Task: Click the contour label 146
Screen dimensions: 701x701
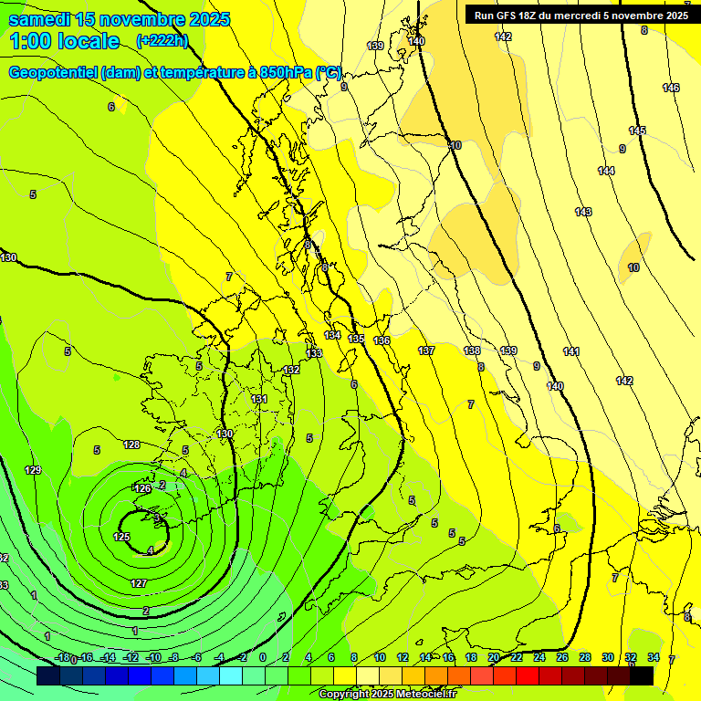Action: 671,88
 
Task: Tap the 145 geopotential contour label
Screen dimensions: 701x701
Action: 637,131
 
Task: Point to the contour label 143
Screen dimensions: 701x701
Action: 583,212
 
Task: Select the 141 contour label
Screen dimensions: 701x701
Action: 571,351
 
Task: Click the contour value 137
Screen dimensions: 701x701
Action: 426,350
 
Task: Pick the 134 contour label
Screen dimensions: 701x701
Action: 333,336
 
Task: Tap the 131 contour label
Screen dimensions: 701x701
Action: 260,399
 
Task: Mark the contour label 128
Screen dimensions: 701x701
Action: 131,445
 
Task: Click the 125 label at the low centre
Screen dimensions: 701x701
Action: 121,537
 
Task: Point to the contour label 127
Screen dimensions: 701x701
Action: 139,583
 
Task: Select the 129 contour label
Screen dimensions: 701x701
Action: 33,470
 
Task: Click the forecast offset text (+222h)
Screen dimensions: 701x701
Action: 162,40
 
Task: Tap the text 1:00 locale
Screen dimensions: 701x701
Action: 64,41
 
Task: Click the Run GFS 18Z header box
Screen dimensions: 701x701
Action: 581,15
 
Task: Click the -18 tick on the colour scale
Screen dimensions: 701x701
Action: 62,657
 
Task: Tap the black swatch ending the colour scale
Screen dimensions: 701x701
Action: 642,675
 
